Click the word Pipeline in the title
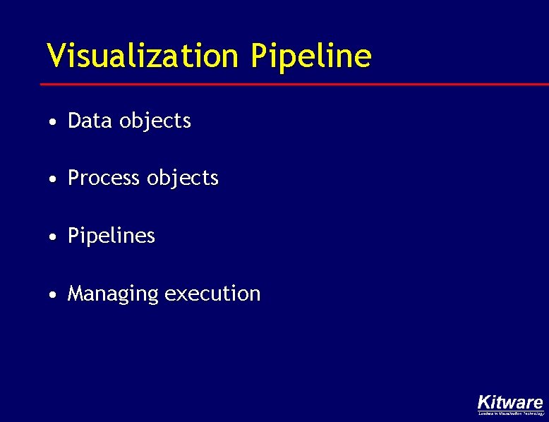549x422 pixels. point(310,56)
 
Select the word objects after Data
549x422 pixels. point(155,121)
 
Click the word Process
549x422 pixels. point(104,178)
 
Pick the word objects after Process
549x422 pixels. point(183,179)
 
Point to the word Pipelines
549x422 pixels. point(111,236)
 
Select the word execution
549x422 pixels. point(212,293)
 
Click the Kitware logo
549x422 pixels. point(510,402)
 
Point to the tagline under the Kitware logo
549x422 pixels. point(510,414)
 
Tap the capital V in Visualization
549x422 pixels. point(56,55)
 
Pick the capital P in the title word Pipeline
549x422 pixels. point(259,55)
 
